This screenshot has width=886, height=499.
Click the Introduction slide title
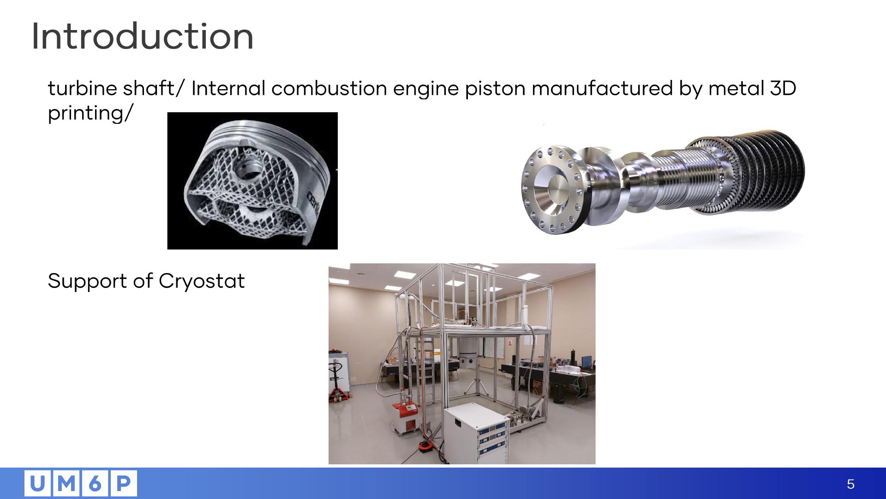pyautogui.click(x=143, y=37)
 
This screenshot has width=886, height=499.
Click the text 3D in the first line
pyautogui.click(x=783, y=88)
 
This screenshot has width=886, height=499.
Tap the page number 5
pyautogui.click(x=851, y=484)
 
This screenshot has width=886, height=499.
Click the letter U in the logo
pyautogui.click(x=39, y=483)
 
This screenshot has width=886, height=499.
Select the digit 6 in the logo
pyautogui.click(x=95, y=483)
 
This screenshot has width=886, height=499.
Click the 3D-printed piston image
pyautogui.click(x=252, y=181)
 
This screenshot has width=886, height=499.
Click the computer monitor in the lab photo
pyautogui.click(x=586, y=360)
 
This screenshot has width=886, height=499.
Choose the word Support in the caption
pyautogui.click(x=87, y=281)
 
